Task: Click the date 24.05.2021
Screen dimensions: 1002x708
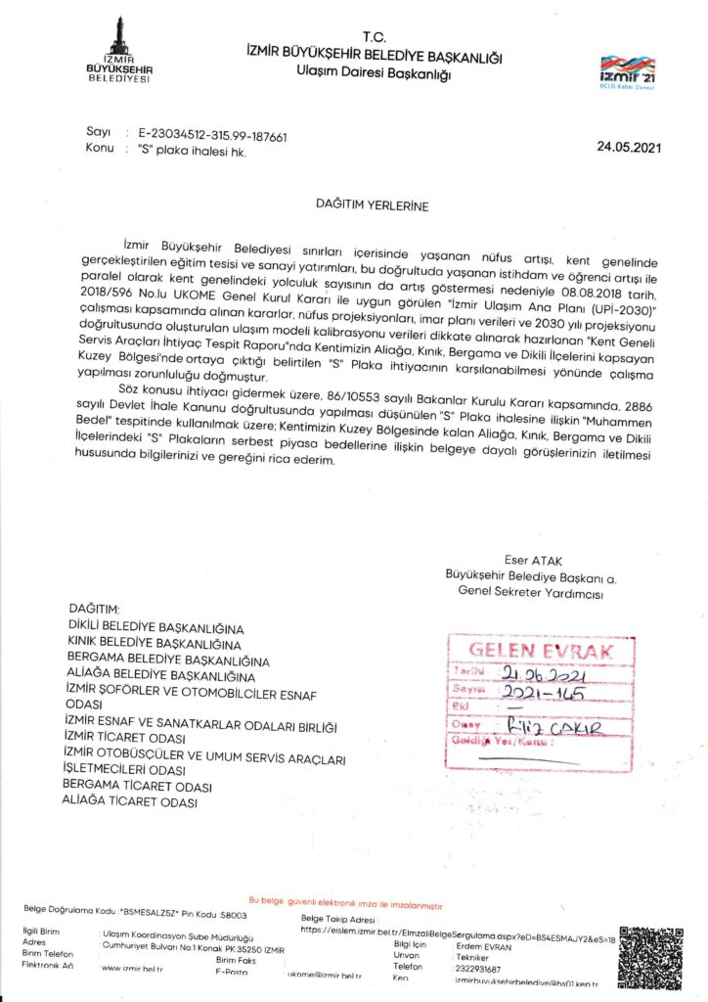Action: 629,148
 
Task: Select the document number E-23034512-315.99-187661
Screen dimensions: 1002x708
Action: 212,138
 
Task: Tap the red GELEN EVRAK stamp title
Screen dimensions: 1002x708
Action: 540,650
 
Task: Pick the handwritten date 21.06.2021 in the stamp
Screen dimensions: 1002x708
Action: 540,673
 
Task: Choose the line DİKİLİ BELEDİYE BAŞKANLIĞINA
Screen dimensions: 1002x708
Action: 155,627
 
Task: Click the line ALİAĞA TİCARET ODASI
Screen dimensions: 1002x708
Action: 129,802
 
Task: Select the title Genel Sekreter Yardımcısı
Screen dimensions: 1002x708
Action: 531,593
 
